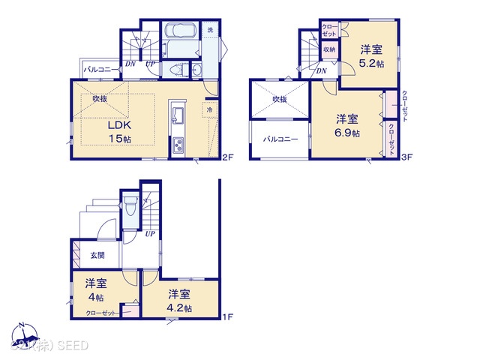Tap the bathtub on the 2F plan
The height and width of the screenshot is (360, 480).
(179, 36)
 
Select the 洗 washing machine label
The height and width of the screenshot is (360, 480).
(211, 30)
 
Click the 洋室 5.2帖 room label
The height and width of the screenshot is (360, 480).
(371, 56)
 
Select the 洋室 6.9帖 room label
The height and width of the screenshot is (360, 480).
(346, 125)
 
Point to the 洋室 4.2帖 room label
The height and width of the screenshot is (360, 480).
(180, 300)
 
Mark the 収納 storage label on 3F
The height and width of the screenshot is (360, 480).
(329, 49)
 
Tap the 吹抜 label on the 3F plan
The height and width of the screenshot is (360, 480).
(280, 99)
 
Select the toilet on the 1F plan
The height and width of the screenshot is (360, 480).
(130, 205)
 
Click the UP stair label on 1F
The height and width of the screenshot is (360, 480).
(149, 234)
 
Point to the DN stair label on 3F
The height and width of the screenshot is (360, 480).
(321, 71)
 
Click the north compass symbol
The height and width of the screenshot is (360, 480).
(22, 334)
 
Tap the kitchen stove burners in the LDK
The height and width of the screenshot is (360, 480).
(179, 145)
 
